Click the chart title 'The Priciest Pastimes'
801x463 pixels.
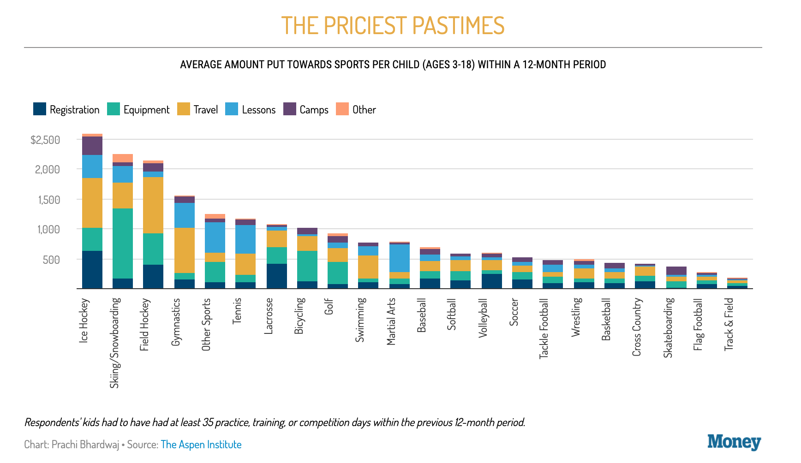pyautogui.click(x=393, y=25)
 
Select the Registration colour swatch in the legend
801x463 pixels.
pyautogui.click(x=40, y=109)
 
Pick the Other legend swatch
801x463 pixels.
pyautogui.click(x=342, y=109)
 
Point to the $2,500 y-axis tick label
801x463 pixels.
pyautogui.click(x=45, y=140)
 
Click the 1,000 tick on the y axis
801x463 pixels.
pyautogui.click(x=48, y=229)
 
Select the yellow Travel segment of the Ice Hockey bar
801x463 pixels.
pyautogui.click(x=92, y=203)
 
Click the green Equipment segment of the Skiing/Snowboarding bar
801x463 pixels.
pyautogui.click(x=123, y=243)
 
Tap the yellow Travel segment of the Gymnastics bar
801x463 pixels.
pyautogui.click(x=185, y=250)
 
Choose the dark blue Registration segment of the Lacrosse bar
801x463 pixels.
pyautogui.click(x=277, y=276)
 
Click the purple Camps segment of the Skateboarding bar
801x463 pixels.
pyautogui.click(x=676, y=271)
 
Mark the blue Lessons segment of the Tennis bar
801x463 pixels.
pyautogui.click(x=245, y=239)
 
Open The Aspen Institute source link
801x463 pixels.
pyautogui.click(x=201, y=445)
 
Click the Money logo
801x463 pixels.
pyautogui.click(x=734, y=443)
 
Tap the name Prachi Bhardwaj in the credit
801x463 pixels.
pyautogui.click(x=85, y=445)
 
